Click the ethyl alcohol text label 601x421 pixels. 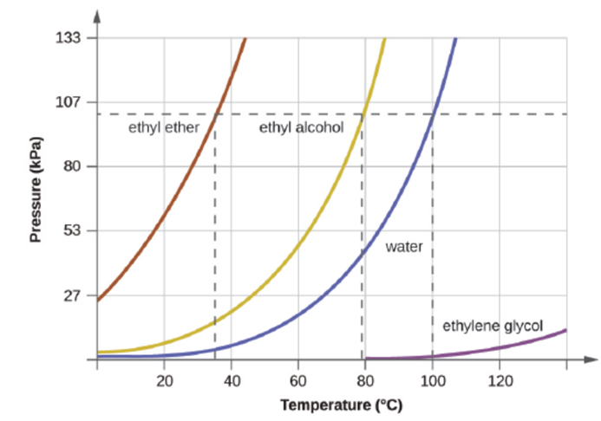[301, 128]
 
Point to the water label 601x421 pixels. [404, 247]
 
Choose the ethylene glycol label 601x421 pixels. [493, 326]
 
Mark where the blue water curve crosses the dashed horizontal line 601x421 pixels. [433, 114]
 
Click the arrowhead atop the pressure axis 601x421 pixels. [97, 15]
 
